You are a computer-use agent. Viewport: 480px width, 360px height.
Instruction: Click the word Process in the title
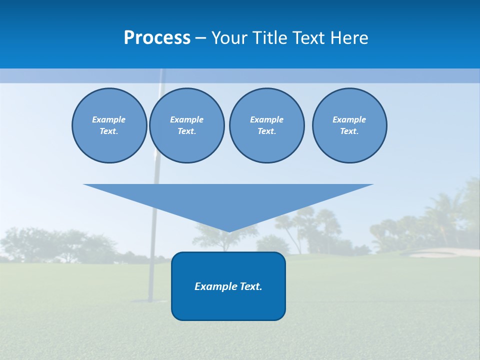157,38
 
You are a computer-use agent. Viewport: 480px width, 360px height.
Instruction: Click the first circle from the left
109,125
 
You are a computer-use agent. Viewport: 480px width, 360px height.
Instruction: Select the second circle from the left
187,125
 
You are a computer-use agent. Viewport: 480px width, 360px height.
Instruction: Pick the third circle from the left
266,125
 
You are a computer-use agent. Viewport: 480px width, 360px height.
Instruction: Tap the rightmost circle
349,125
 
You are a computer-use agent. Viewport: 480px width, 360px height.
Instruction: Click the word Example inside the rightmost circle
349,119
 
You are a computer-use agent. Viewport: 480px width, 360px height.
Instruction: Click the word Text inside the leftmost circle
108,131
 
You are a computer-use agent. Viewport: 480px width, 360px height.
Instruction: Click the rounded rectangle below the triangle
228,300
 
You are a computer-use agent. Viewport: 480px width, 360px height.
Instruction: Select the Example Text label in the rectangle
228,286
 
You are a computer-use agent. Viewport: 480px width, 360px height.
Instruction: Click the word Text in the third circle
266,131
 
